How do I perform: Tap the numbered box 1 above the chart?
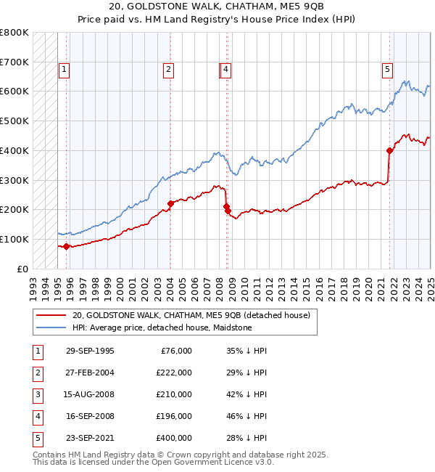(x=65, y=70)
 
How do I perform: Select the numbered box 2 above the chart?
(x=168, y=70)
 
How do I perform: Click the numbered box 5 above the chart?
(x=387, y=70)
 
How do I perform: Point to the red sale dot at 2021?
(x=389, y=151)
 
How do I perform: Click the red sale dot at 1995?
(x=66, y=246)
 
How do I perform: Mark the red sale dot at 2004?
(x=170, y=203)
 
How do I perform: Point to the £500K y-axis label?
(x=14, y=121)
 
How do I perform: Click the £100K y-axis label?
(x=14, y=239)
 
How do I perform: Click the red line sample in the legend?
(x=51, y=315)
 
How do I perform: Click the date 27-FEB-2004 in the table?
(x=89, y=372)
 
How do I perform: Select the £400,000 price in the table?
(x=174, y=438)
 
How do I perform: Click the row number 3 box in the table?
(x=37, y=394)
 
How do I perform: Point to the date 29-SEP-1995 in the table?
(x=89, y=350)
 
